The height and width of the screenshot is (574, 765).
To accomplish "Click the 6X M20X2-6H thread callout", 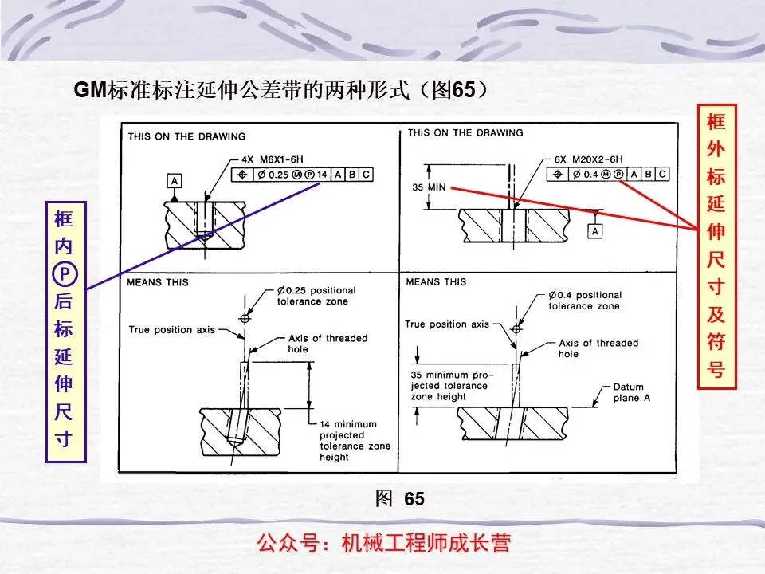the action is point(588,159).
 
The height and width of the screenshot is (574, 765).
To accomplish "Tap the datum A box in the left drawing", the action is point(175,181).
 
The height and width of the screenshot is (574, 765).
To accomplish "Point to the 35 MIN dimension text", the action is point(429,187).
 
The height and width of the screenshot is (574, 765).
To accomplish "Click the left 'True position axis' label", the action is point(171,329).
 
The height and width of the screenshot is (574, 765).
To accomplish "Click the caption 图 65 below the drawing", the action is point(400,499).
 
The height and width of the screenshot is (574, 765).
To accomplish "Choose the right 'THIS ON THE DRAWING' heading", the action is point(465,132).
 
